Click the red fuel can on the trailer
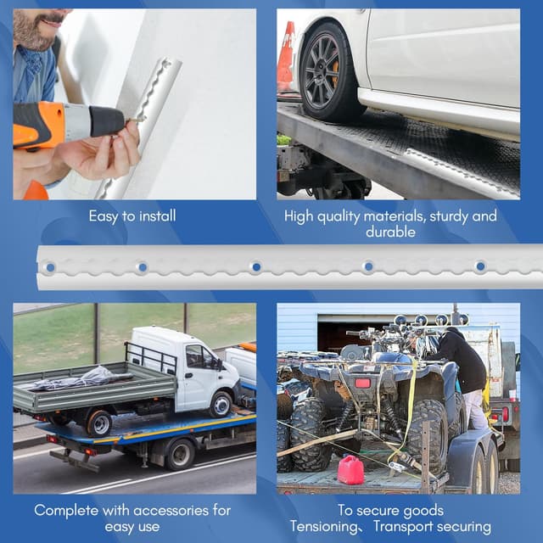point(350,469)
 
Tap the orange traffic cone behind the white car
point(287,56)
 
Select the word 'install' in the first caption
point(157,216)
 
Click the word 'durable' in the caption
point(390,232)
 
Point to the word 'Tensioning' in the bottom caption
point(324,527)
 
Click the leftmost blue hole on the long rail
point(51,267)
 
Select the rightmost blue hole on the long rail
point(480,266)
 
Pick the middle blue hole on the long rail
point(256,267)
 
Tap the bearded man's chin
point(33,44)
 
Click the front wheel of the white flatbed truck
point(221,405)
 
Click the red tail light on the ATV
point(362,383)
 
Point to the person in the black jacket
point(461,378)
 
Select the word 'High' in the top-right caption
point(299,216)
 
